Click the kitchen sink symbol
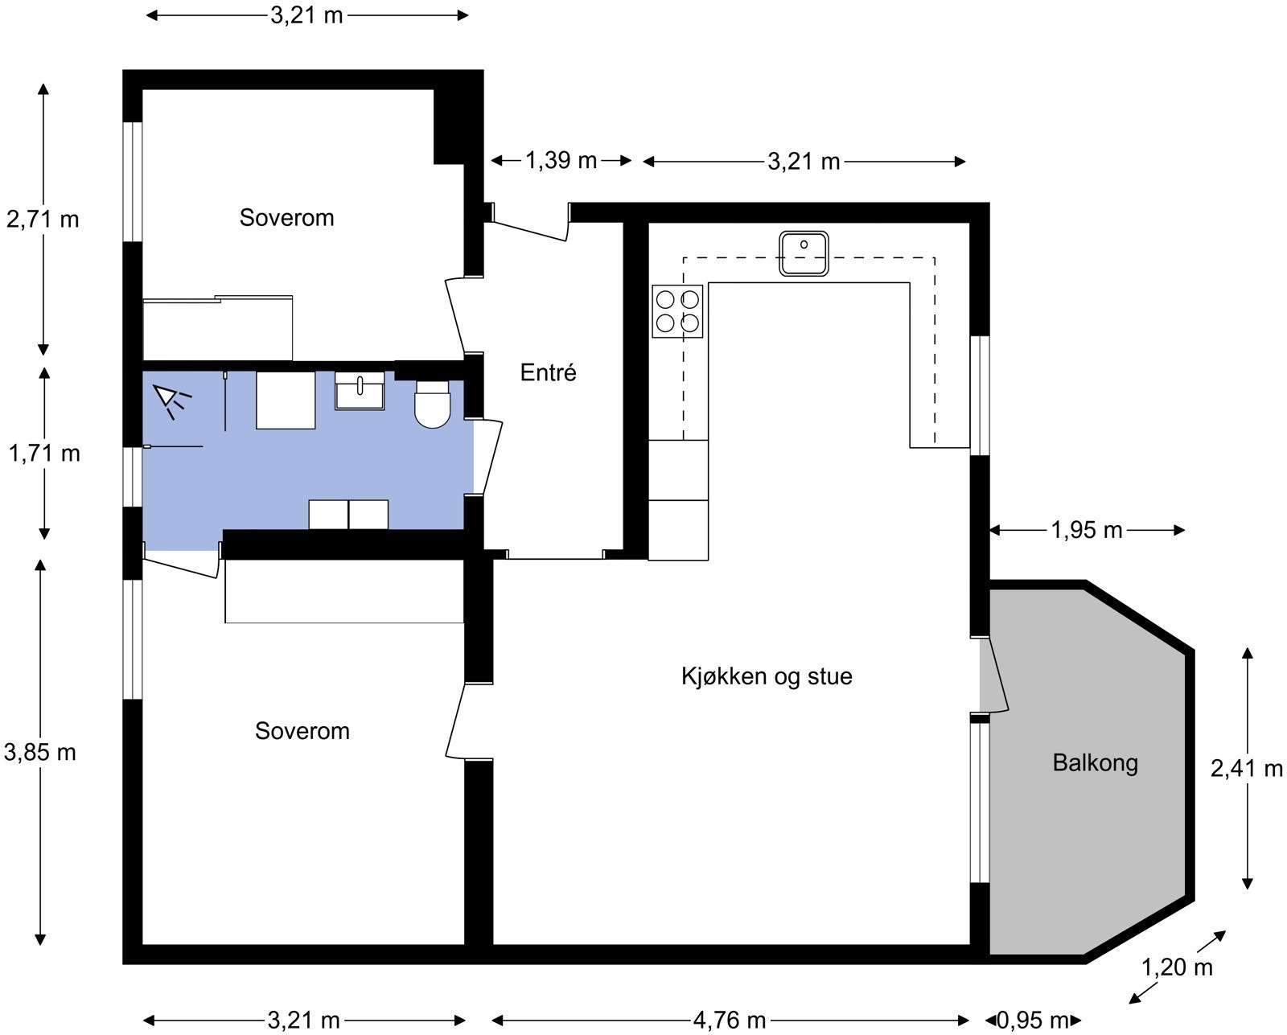tap(804, 253)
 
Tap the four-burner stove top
tap(677, 311)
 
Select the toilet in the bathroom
tap(432, 405)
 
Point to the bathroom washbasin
tap(360, 391)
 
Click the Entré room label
tap(548, 373)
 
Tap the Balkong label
tap(1095, 762)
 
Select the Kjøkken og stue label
tap(766, 676)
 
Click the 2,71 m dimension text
tap(43, 219)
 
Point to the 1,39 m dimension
tap(561, 161)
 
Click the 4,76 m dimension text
tap(729, 1021)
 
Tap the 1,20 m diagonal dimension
tap(1177, 967)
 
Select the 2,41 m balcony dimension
tap(1246, 769)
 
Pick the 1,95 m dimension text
tap(1086, 530)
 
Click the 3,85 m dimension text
tap(40, 752)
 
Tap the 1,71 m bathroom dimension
tap(44, 454)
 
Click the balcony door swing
tap(996, 676)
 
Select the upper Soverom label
tap(286, 218)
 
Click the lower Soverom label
tap(302, 731)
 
